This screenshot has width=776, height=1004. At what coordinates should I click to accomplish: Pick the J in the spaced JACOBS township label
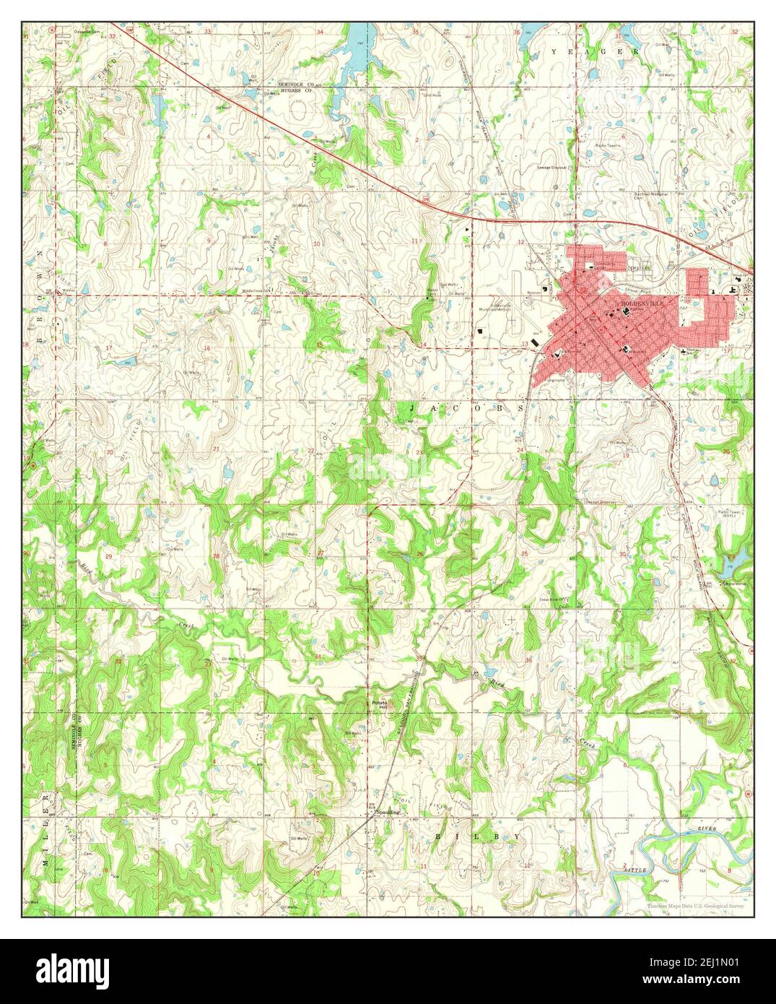[x=404, y=408]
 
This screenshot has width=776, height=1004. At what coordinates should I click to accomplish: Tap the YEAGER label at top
[x=595, y=52]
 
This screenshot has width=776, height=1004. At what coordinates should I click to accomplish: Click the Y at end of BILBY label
[x=516, y=836]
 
